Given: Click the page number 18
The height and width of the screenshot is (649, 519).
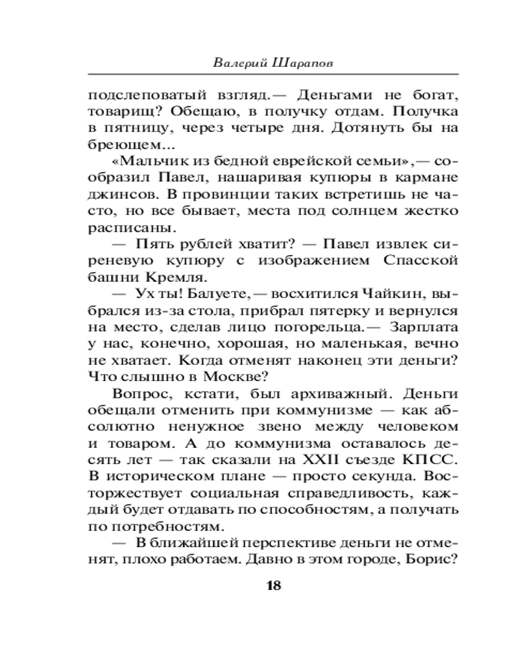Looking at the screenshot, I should pyautogui.click(x=272, y=586).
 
